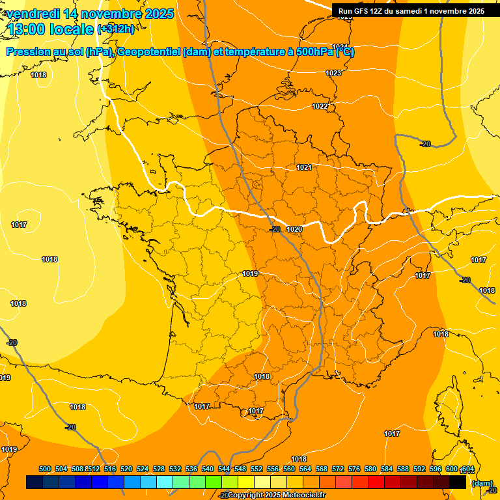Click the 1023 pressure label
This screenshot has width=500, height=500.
tap(333, 73)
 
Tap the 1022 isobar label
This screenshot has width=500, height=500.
tap(320, 106)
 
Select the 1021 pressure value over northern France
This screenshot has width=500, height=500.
tap(303, 167)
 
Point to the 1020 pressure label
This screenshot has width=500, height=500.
tap(294, 229)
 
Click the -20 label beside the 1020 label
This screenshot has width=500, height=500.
tap(275, 229)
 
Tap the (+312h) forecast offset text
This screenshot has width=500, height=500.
tap(115, 29)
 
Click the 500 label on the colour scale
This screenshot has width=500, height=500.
tap(45, 469)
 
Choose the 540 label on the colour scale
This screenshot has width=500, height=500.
tap(208, 469)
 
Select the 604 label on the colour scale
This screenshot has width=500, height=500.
tap(467, 469)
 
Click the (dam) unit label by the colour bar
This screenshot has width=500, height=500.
tap(482, 483)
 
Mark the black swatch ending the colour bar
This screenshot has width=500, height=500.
tap(458, 482)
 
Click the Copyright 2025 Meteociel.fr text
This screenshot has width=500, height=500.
tap(276, 495)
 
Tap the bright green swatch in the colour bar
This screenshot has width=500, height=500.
tap(214, 482)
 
